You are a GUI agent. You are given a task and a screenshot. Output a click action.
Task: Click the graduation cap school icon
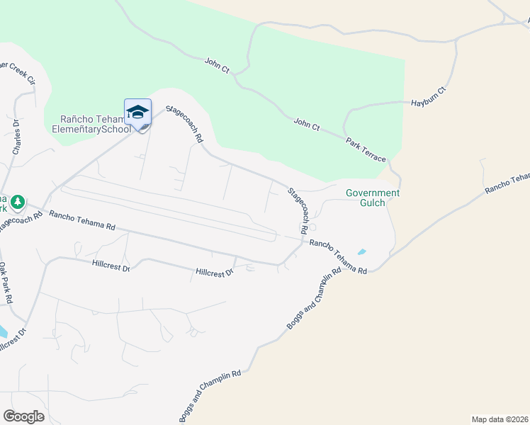click(x=137, y=112)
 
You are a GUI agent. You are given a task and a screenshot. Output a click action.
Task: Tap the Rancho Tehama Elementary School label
click(x=91, y=124)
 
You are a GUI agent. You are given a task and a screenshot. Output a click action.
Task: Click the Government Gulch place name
click(x=372, y=198)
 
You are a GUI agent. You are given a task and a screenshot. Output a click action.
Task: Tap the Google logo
click(x=23, y=416)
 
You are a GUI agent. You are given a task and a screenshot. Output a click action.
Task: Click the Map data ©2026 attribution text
click(x=500, y=419)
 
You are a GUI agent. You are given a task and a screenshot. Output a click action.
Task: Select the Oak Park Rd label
click(x=6, y=283)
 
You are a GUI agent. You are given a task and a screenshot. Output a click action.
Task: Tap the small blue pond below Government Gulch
click(x=362, y=251)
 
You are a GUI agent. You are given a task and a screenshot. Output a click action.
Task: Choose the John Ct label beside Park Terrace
click(x=308, y=125)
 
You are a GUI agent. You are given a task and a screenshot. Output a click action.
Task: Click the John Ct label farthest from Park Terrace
click(x=218, y=64)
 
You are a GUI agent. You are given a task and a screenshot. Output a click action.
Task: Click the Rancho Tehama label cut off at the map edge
click(x=507, y=184)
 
